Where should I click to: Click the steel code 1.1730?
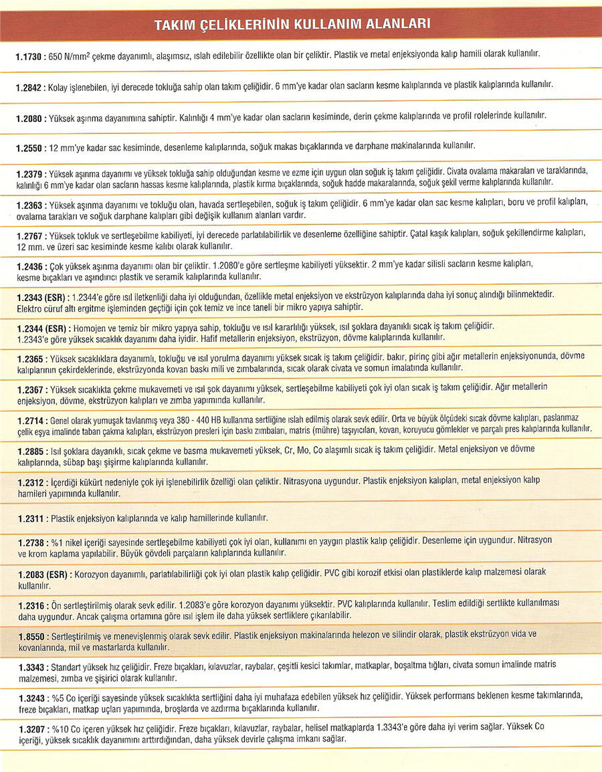tap(29, 58)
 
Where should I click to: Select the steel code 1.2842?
tap(29, 88)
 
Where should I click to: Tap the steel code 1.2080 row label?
tap(29, 117)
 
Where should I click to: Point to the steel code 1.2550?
tap(29, 147)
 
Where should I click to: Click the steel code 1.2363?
tap(29, 205)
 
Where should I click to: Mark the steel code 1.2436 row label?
tap(29, 266)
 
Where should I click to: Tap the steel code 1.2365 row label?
tap(29, 359)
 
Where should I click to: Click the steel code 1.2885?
tap(29, 452)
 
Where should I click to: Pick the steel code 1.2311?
tap(29, 518)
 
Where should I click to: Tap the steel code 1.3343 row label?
tap(29, 668)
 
